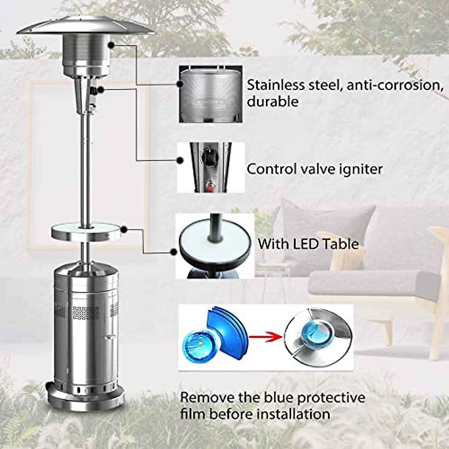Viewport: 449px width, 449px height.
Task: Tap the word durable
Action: pyautogui.click(x=272, y=102)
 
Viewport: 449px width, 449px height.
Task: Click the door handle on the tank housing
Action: pyautogui.click(x=109, y=337)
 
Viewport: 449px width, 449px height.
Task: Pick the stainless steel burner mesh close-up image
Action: pyautogui.click(x=210, y=94)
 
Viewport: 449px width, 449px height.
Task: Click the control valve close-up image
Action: pyautogui.click(x=210, y=168)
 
